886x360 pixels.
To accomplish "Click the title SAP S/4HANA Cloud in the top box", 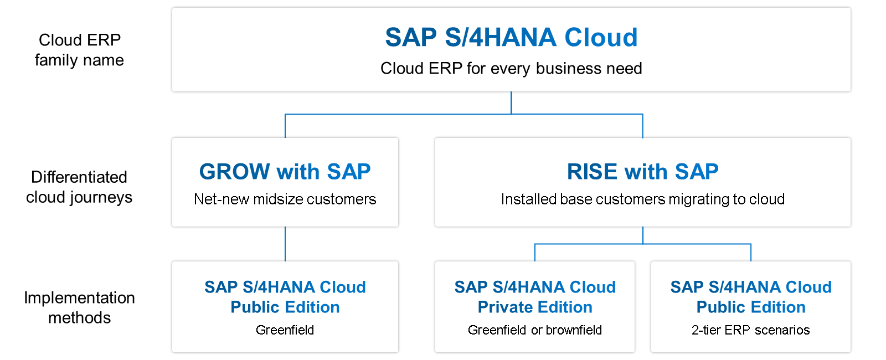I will tap(511, 38).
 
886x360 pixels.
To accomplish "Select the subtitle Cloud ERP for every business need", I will tap(511, 69).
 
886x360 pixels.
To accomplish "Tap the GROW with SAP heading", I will tap(285, 172).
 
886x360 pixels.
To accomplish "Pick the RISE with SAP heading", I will tap(642, 172).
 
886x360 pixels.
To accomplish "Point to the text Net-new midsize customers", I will tap(285, 199).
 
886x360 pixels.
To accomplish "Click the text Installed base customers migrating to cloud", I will tap(642, 199).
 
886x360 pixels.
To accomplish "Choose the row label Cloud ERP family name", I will tap(79, 50).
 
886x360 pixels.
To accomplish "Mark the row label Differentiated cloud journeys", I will tap(79, 187).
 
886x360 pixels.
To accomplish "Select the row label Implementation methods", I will tap(79, 307).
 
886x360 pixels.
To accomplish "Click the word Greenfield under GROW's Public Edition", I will tap(285, 330).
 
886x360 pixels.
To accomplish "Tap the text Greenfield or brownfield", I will tap(534, 330).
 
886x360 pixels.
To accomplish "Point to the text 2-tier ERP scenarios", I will tap(750, 330).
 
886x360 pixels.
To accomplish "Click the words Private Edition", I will tap(535, 307).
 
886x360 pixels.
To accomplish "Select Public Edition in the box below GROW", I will tap(285, 307).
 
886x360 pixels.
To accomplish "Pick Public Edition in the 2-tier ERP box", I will tap(750, 307).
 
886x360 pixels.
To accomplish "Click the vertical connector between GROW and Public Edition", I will tap(285, 244).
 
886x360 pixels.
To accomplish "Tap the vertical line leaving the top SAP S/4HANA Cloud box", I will tap(511, 102).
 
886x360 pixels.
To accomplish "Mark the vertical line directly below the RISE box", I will tap(643, 235).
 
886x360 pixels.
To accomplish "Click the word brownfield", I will tap(574, 330).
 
